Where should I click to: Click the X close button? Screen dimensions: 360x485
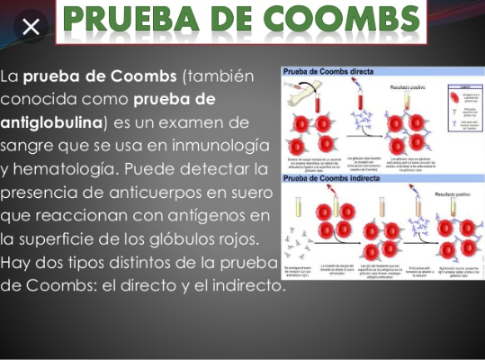(x=30, y=27)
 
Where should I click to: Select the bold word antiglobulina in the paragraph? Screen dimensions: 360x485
(x=53, y=121)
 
